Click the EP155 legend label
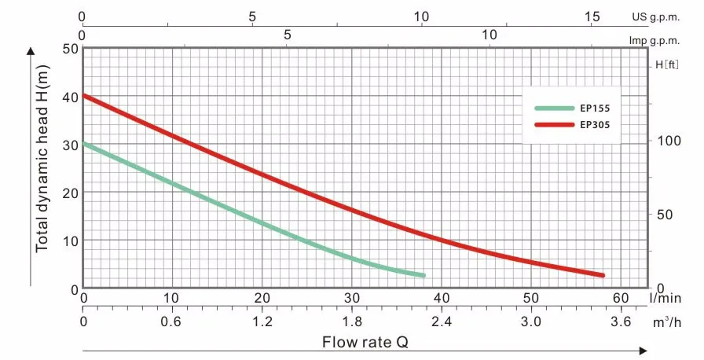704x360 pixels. point(595,108)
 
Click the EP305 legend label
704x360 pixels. point(595,124)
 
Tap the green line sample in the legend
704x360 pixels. point(555,108)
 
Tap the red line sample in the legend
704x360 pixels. point(555,124)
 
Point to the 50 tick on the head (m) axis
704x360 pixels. point(69,49)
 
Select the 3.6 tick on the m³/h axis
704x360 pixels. point(621,322)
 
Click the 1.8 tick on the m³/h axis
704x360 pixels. point(352,322)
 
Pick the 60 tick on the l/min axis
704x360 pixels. point(621,298)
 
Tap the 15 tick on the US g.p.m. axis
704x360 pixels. point(593,17)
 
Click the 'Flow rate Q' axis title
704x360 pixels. point(365,342)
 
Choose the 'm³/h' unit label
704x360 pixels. point(666,322)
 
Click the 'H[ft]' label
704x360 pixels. point(667,66)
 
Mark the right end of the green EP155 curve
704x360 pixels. point(423,275)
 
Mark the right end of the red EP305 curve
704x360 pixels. point(603,275)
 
